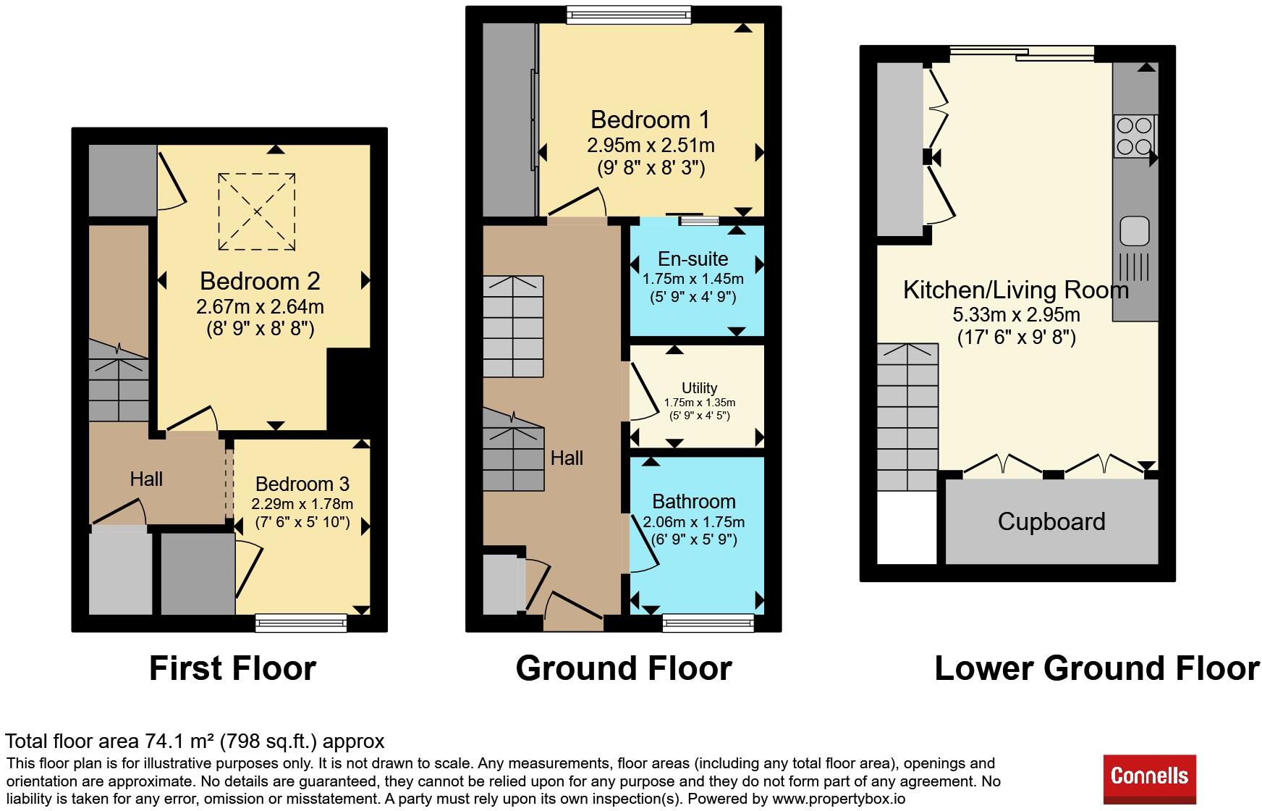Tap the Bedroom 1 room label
(651, 119)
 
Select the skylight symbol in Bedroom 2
(257, 212)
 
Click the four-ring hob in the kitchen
(1134, 137)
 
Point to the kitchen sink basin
(1135, 231)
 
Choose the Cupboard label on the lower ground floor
(1051, 521)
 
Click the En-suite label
(693, 259)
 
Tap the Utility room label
(700, 388)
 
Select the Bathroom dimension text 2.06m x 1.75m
(694, 522)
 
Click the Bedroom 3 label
(302, 484)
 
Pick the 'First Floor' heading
(232, 668)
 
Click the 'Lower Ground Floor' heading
(1097, 668)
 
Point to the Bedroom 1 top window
(628, 14)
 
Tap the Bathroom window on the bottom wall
(708, 623)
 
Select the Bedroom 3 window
(301, 623)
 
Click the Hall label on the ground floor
(567, 458)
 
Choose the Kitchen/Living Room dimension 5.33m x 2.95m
(1016, 315)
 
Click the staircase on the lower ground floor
(907, 417)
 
